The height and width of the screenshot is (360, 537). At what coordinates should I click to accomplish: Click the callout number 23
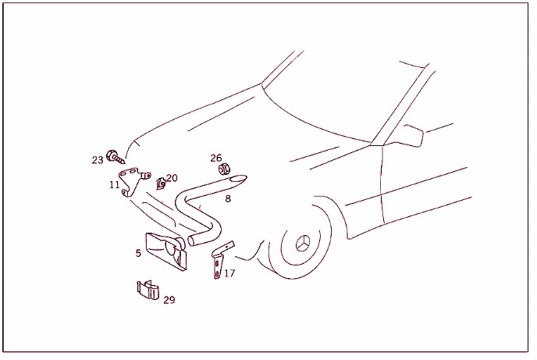pyautogui.click(x=98, y=160)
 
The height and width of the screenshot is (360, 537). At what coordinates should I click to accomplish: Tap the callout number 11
pyautogui.click(x=115, y=185)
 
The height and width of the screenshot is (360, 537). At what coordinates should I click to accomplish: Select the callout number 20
pyautogui.click(x=172, y=178)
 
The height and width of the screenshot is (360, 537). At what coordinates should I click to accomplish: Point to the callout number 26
pyautogui.click(x=216, y=158)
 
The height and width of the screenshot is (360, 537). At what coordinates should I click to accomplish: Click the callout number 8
pyautogui.click(x=228, y=198)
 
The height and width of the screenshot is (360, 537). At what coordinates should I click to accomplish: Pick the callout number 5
pyautogui.click(x=138, y=253)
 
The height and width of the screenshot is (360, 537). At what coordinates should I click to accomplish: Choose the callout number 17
pyautogui.click(x=229, y=273)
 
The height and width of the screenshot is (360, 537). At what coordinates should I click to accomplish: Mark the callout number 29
pyautogui.click(x=169, y=300)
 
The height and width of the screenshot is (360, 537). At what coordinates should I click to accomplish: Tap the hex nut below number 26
pyautogui.click(x=224, y=169)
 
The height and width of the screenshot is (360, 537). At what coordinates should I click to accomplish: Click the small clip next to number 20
pyautogui.click(x=161, y=184)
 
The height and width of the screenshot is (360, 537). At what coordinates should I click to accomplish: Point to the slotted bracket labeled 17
pyautogui.click(x=222, y=259)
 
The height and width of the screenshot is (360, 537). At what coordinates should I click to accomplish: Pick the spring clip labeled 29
pyautogui.click(x=148, y=290)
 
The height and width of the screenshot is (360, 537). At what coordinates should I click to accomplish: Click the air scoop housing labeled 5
pyautogui.click(x=165, y=251)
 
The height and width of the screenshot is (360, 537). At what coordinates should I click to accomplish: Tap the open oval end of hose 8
pyautogui.click(x=238, y=179)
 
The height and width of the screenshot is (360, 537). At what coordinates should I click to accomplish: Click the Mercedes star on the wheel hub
pyautogui.click(x=303, y=243)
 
